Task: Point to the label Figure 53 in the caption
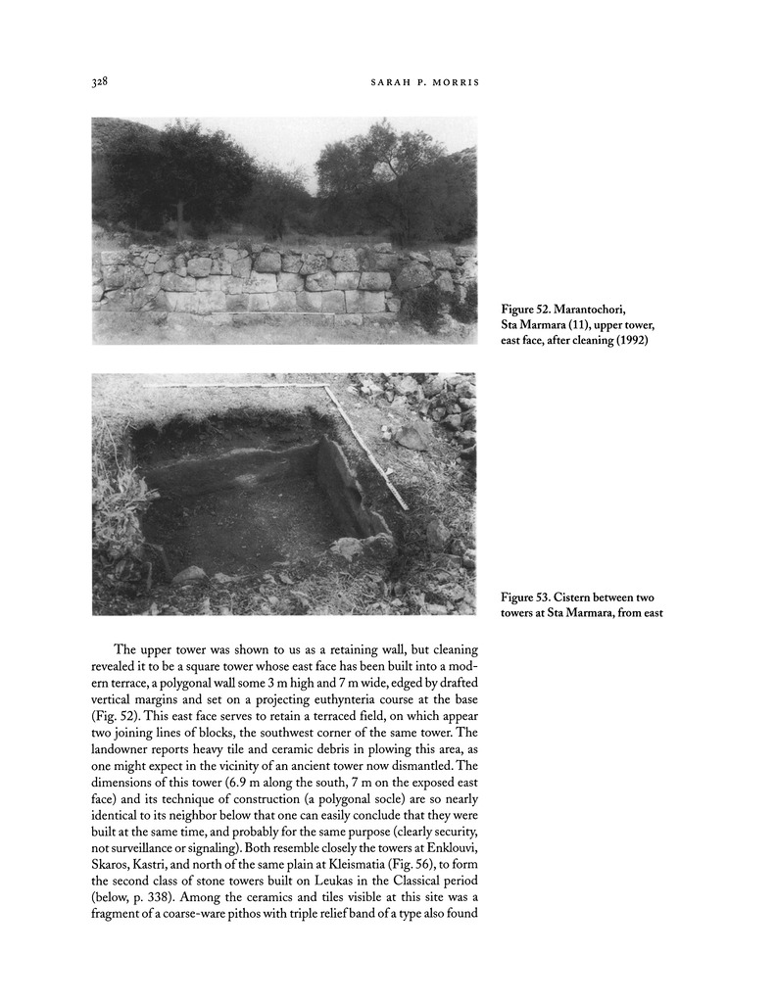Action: coord(531,597)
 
